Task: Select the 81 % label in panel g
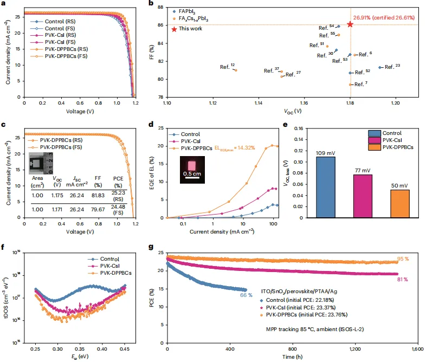click(x=403, y=280)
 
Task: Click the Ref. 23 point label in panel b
click(x=392, y=67)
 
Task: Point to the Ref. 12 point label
click(x=227, y=67)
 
